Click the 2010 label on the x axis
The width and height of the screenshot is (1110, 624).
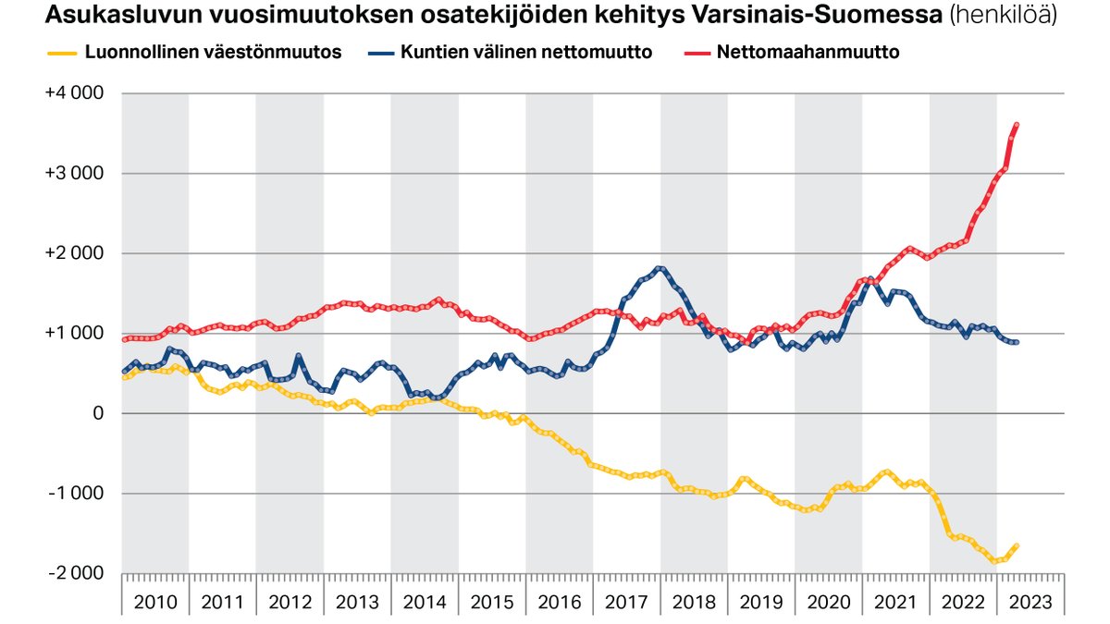click(x=155, y=602)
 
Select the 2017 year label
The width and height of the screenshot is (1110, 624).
click(x=627, y=602)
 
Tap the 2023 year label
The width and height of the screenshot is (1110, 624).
click(x=1030, y=602)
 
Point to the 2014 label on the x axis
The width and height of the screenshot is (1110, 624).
click(x=425, y=602)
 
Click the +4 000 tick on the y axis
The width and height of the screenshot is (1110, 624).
click(x=75, y=94)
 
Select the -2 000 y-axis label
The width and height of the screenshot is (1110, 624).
click(x=76, y=573)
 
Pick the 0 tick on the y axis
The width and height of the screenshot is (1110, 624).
click(x=96, y=413)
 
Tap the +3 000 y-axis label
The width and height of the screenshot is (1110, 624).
click(x=75, y=174)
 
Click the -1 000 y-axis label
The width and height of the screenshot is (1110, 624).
click(x=76, y=494)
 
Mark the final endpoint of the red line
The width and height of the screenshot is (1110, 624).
click(x=1017, y=125)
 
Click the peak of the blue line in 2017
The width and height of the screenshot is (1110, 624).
click(x=659, y=269)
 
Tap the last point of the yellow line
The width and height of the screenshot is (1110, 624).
click(x=1017, y=546)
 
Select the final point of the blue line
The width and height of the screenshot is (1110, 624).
click(x=1017, y=343)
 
